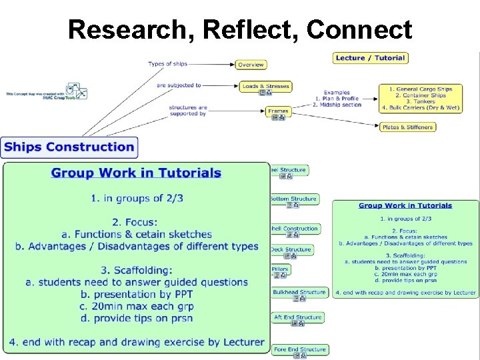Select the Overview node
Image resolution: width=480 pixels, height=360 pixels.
[251, 65]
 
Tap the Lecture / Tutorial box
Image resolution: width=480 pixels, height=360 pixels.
[370, 58]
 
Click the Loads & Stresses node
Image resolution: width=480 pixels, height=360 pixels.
[265, 86]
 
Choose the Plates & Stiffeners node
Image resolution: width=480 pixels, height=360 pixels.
[407, 127]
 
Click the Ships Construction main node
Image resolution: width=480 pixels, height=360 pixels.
[69, 147]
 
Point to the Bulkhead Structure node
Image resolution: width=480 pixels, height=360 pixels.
[299, 292]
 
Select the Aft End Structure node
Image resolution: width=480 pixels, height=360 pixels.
[297, 317]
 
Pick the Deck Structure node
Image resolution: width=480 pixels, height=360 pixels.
[291, 249]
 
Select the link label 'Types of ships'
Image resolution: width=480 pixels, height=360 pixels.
[167, 64]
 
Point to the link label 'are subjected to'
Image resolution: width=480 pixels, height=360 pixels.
[179, 85]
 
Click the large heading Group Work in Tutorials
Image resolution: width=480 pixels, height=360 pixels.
[136, 173]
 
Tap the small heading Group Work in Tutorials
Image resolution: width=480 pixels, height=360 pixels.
[405, 205]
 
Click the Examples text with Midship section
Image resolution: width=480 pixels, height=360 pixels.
[337, 99]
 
